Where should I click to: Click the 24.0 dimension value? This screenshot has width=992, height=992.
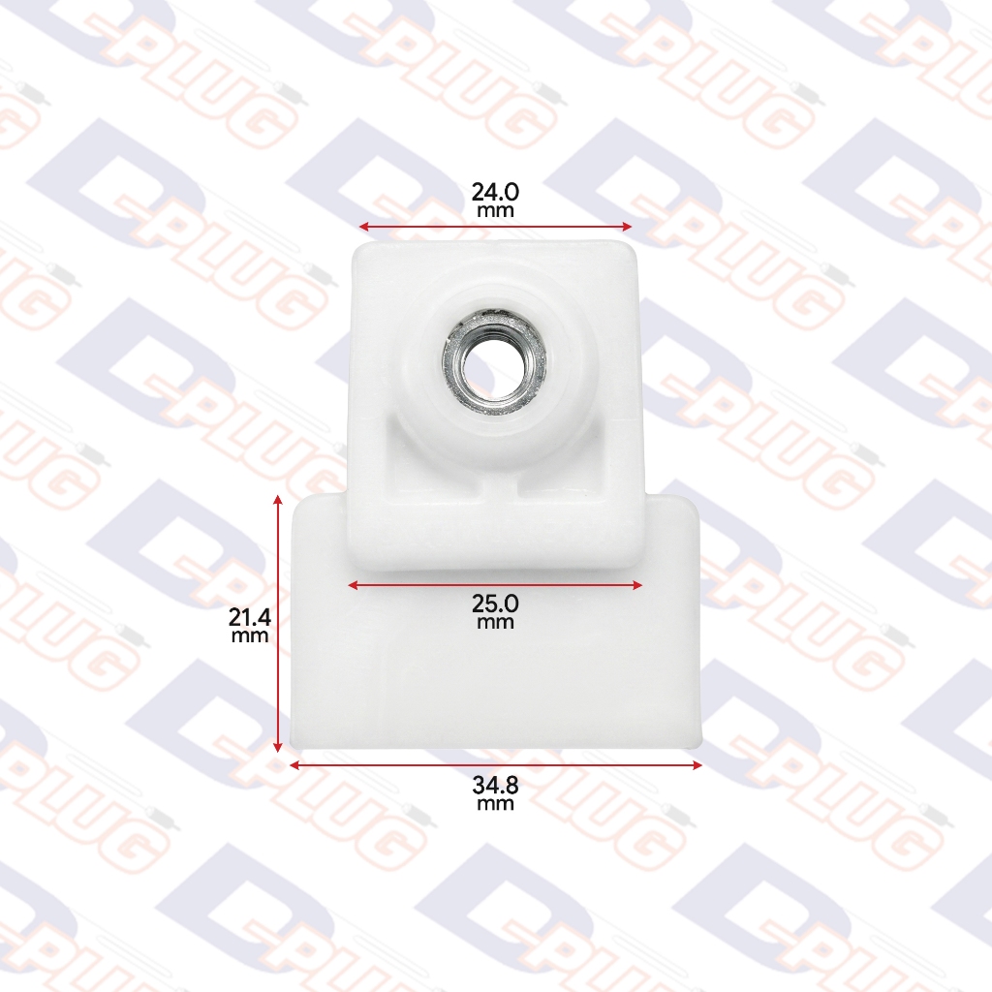point(495,191)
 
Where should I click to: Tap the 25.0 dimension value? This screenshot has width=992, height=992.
point(495,603)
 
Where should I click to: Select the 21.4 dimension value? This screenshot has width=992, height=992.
point(250,617)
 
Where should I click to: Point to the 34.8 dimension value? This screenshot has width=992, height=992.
point(495,785)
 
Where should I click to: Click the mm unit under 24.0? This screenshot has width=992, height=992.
point(495,211)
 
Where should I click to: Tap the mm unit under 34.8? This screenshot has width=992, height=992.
point(495,804)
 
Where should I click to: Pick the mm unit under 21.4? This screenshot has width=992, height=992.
point(250,636)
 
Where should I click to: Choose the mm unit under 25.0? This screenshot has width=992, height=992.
point(495,623)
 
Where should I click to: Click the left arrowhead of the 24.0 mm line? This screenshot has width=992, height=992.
point(364,227)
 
